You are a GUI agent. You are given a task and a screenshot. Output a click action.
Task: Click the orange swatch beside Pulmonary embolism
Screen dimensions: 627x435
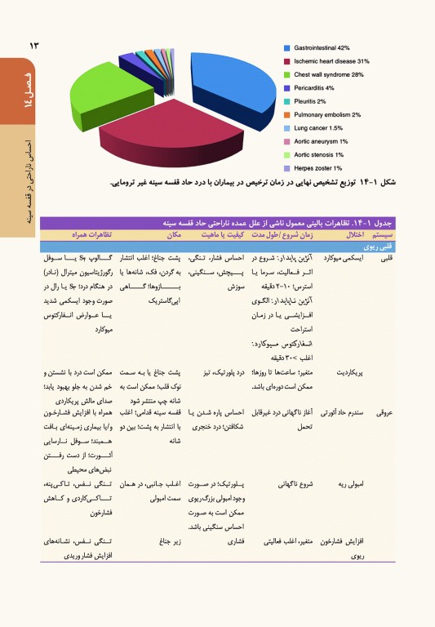[286, 115]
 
